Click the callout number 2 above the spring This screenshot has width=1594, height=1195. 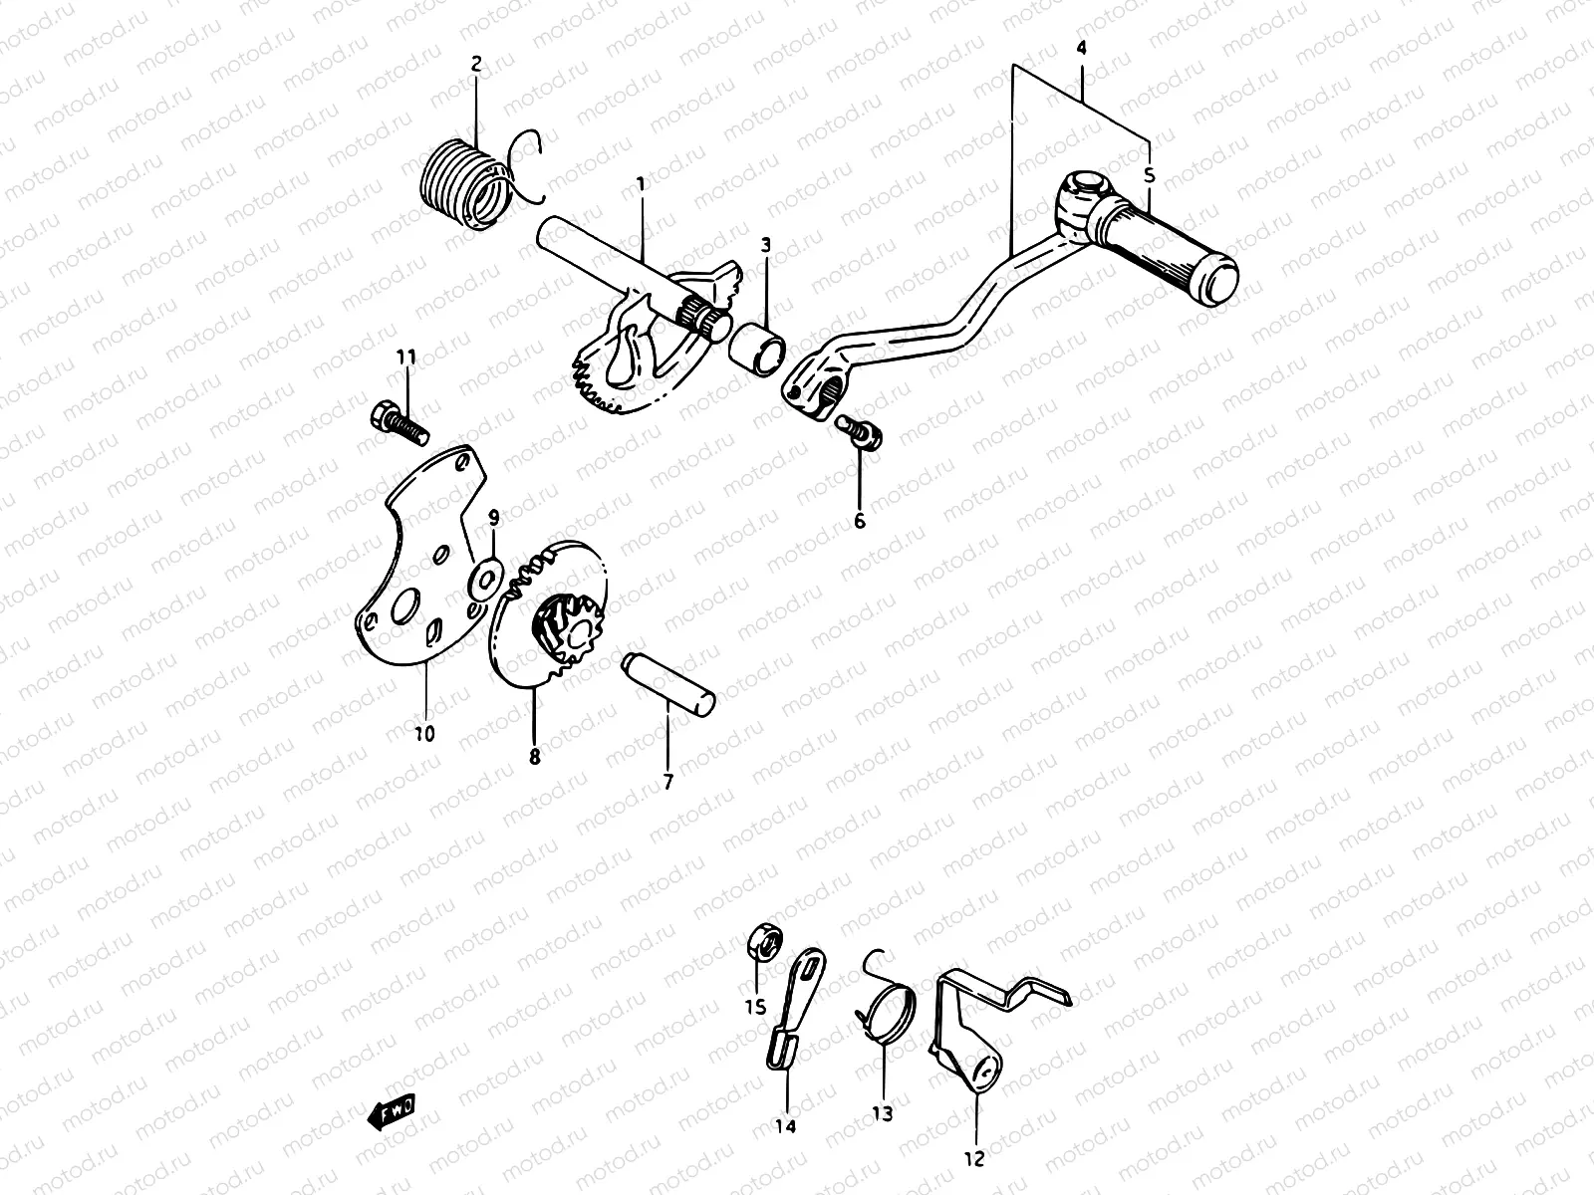[x=476, y=65]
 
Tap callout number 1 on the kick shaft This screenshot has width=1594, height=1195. [x=641, y=184]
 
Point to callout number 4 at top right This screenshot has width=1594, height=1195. [x=1082, y=48]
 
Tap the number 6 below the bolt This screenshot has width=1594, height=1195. [x=859, y=520]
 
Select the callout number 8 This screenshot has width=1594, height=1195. [x=534, y=756]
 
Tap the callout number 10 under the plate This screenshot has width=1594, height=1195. [x=423, y=735]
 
